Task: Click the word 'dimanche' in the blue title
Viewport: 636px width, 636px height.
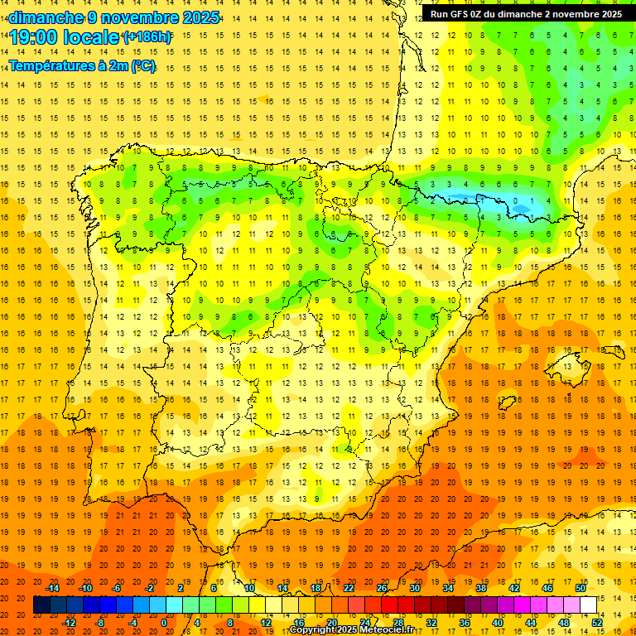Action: tap(46, 17)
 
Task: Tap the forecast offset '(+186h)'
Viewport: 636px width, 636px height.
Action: tap(147, 37)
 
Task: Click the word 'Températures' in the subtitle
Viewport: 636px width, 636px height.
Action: tap(51, 65)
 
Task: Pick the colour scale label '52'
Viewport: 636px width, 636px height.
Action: tap(597, 623)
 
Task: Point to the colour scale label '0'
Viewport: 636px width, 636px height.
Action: tap(165, 623)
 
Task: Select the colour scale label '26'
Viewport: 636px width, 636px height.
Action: tap(382, 588)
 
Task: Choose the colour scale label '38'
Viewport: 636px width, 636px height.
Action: tap(481, 588)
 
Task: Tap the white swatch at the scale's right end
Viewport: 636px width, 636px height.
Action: tap(588, 605)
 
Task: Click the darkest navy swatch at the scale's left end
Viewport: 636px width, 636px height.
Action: tap(42, 605)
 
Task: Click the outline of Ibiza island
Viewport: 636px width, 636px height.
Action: tap(507, 403)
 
